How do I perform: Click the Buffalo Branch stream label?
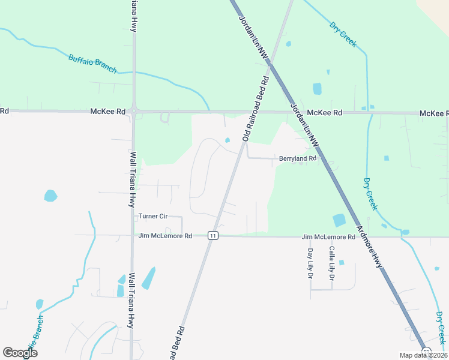pos(92,64)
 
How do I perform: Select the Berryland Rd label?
pos(297,158)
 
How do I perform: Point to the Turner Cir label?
pos(152,216)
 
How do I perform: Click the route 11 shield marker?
pos(212,236)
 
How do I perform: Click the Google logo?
pos(20,353)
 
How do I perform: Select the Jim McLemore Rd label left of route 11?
pos(165,236)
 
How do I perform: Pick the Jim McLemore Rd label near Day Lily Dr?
pos(325,238)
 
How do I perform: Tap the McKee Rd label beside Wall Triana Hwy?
pos(108,112)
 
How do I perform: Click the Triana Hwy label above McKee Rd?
pos(134,17)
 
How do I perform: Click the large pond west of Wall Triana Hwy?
pos(50,196)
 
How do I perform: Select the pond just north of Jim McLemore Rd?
pos(339,220)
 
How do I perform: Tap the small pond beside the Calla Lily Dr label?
pos(342,262)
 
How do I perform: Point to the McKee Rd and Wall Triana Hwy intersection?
pos(133,111)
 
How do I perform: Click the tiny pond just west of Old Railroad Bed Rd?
pos(227,140)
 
